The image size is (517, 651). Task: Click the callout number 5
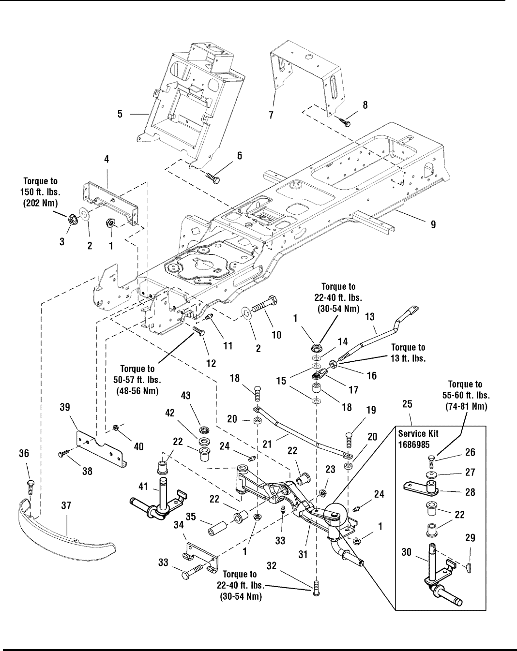[120, 114]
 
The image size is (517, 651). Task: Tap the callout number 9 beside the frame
[433, 224]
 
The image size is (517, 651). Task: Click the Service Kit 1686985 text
[418, 439]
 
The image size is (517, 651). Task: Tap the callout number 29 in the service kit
[470, 538]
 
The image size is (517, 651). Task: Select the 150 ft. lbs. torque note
[41, 192]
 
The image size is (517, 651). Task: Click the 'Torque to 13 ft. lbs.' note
[408, 353]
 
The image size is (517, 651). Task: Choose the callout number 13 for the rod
[370, 316]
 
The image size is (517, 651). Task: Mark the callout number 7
[271, 115]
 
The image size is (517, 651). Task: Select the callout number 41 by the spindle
[143, 487]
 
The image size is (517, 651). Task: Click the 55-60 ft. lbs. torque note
[465, 395]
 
